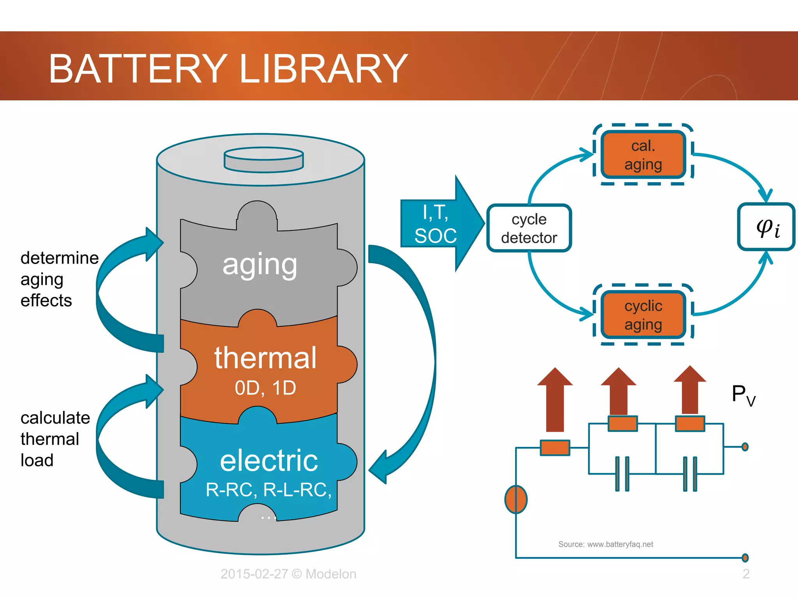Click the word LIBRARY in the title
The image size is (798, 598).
(x=323, y=69)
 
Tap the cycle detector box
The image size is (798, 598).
(x=529, y=229)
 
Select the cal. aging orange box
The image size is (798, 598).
(x=643, y=155)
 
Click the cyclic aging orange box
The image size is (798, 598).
(x=643, y=315)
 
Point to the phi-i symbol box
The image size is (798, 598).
(x=766, y=227)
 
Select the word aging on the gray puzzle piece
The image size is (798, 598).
(x=260, y=265)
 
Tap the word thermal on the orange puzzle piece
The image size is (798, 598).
(x=265, y=358)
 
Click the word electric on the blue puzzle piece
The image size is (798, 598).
(x=269, y=461)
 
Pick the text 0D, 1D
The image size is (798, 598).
(x=265, y=388)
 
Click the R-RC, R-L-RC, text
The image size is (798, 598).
(x=268, y=490)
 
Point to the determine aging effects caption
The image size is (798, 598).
(x=58, y=279)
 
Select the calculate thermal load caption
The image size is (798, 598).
(x=55, y=439)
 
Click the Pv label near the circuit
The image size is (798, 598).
(x=743, y=395)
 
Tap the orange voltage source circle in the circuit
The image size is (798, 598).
(x=516, y=499)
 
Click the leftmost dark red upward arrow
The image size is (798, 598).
(x=555, y=401)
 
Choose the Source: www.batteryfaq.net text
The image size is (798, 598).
(x=606, y=544)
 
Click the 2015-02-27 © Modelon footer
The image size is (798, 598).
(x=288, y=574)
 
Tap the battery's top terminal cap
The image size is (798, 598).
(x=263, y=159)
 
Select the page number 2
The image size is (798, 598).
(x=746, y=574)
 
